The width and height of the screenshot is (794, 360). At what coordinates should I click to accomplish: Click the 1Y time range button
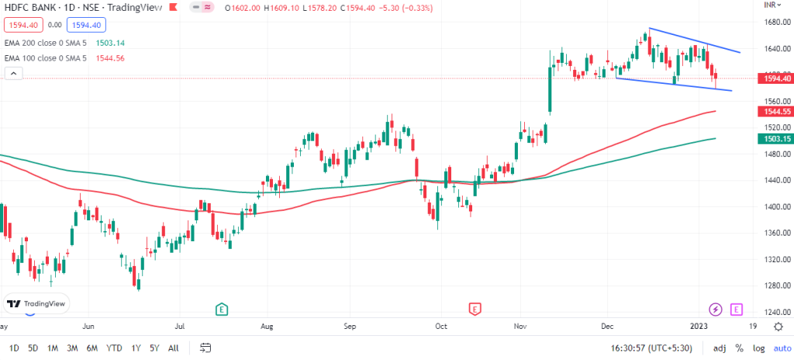[x=136, y=348]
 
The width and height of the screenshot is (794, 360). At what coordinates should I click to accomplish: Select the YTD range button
[x=114, y=348]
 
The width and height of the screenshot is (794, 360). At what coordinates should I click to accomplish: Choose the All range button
[x=174, y=348]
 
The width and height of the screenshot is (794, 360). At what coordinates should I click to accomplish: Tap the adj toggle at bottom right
[x=720, y=348]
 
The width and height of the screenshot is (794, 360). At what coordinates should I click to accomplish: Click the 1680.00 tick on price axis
[x=772, y=22]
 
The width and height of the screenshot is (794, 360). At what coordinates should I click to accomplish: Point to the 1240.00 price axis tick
[x=772, y=312]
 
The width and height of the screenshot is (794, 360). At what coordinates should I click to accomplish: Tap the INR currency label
[x=771, y=5]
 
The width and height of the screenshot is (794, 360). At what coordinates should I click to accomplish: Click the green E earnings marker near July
[x=222, y=309]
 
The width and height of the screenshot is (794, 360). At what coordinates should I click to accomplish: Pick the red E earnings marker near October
[x=474, y=309]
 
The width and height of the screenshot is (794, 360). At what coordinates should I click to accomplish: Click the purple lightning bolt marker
[x=716, y=309]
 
